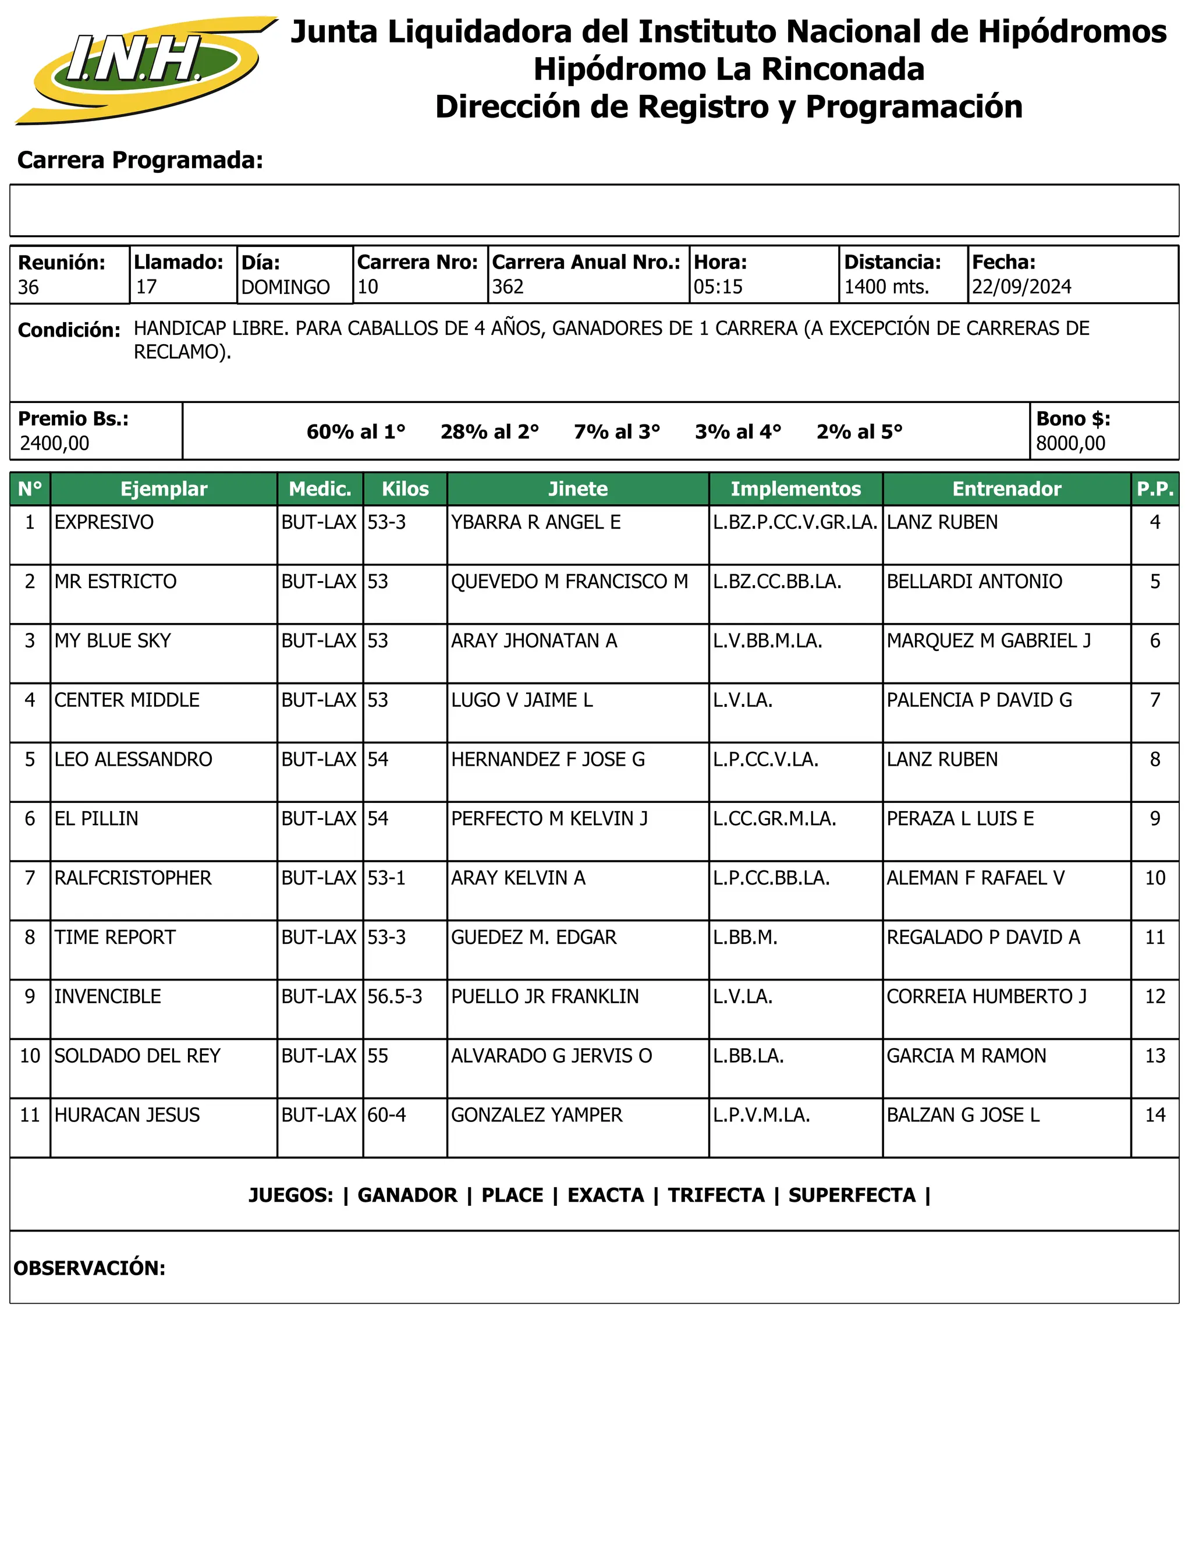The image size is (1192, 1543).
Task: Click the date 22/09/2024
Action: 1021,287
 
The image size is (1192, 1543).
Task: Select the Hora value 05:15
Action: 718,287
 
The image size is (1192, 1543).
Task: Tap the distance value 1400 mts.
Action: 886,287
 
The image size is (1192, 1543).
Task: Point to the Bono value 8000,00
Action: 1070,444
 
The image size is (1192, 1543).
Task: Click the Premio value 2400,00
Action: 54,444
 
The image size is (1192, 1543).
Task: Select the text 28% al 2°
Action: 489,431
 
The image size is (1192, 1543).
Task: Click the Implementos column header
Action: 795,489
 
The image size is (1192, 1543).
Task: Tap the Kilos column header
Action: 405,489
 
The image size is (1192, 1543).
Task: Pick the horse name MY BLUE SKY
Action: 113,641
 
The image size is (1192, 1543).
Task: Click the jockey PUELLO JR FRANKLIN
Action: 544,996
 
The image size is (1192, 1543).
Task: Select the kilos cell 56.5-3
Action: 394,996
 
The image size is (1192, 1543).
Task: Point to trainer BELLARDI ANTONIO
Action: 974,582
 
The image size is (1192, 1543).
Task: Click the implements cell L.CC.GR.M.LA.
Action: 774,819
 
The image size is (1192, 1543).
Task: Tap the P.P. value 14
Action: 1155,1115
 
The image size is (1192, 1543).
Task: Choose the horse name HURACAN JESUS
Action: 127,1115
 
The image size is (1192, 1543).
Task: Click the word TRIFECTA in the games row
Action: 716,1195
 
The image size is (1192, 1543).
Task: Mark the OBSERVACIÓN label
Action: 89,1268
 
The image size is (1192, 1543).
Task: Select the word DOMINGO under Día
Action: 285,288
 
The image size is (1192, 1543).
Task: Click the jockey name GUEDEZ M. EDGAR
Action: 533,937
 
